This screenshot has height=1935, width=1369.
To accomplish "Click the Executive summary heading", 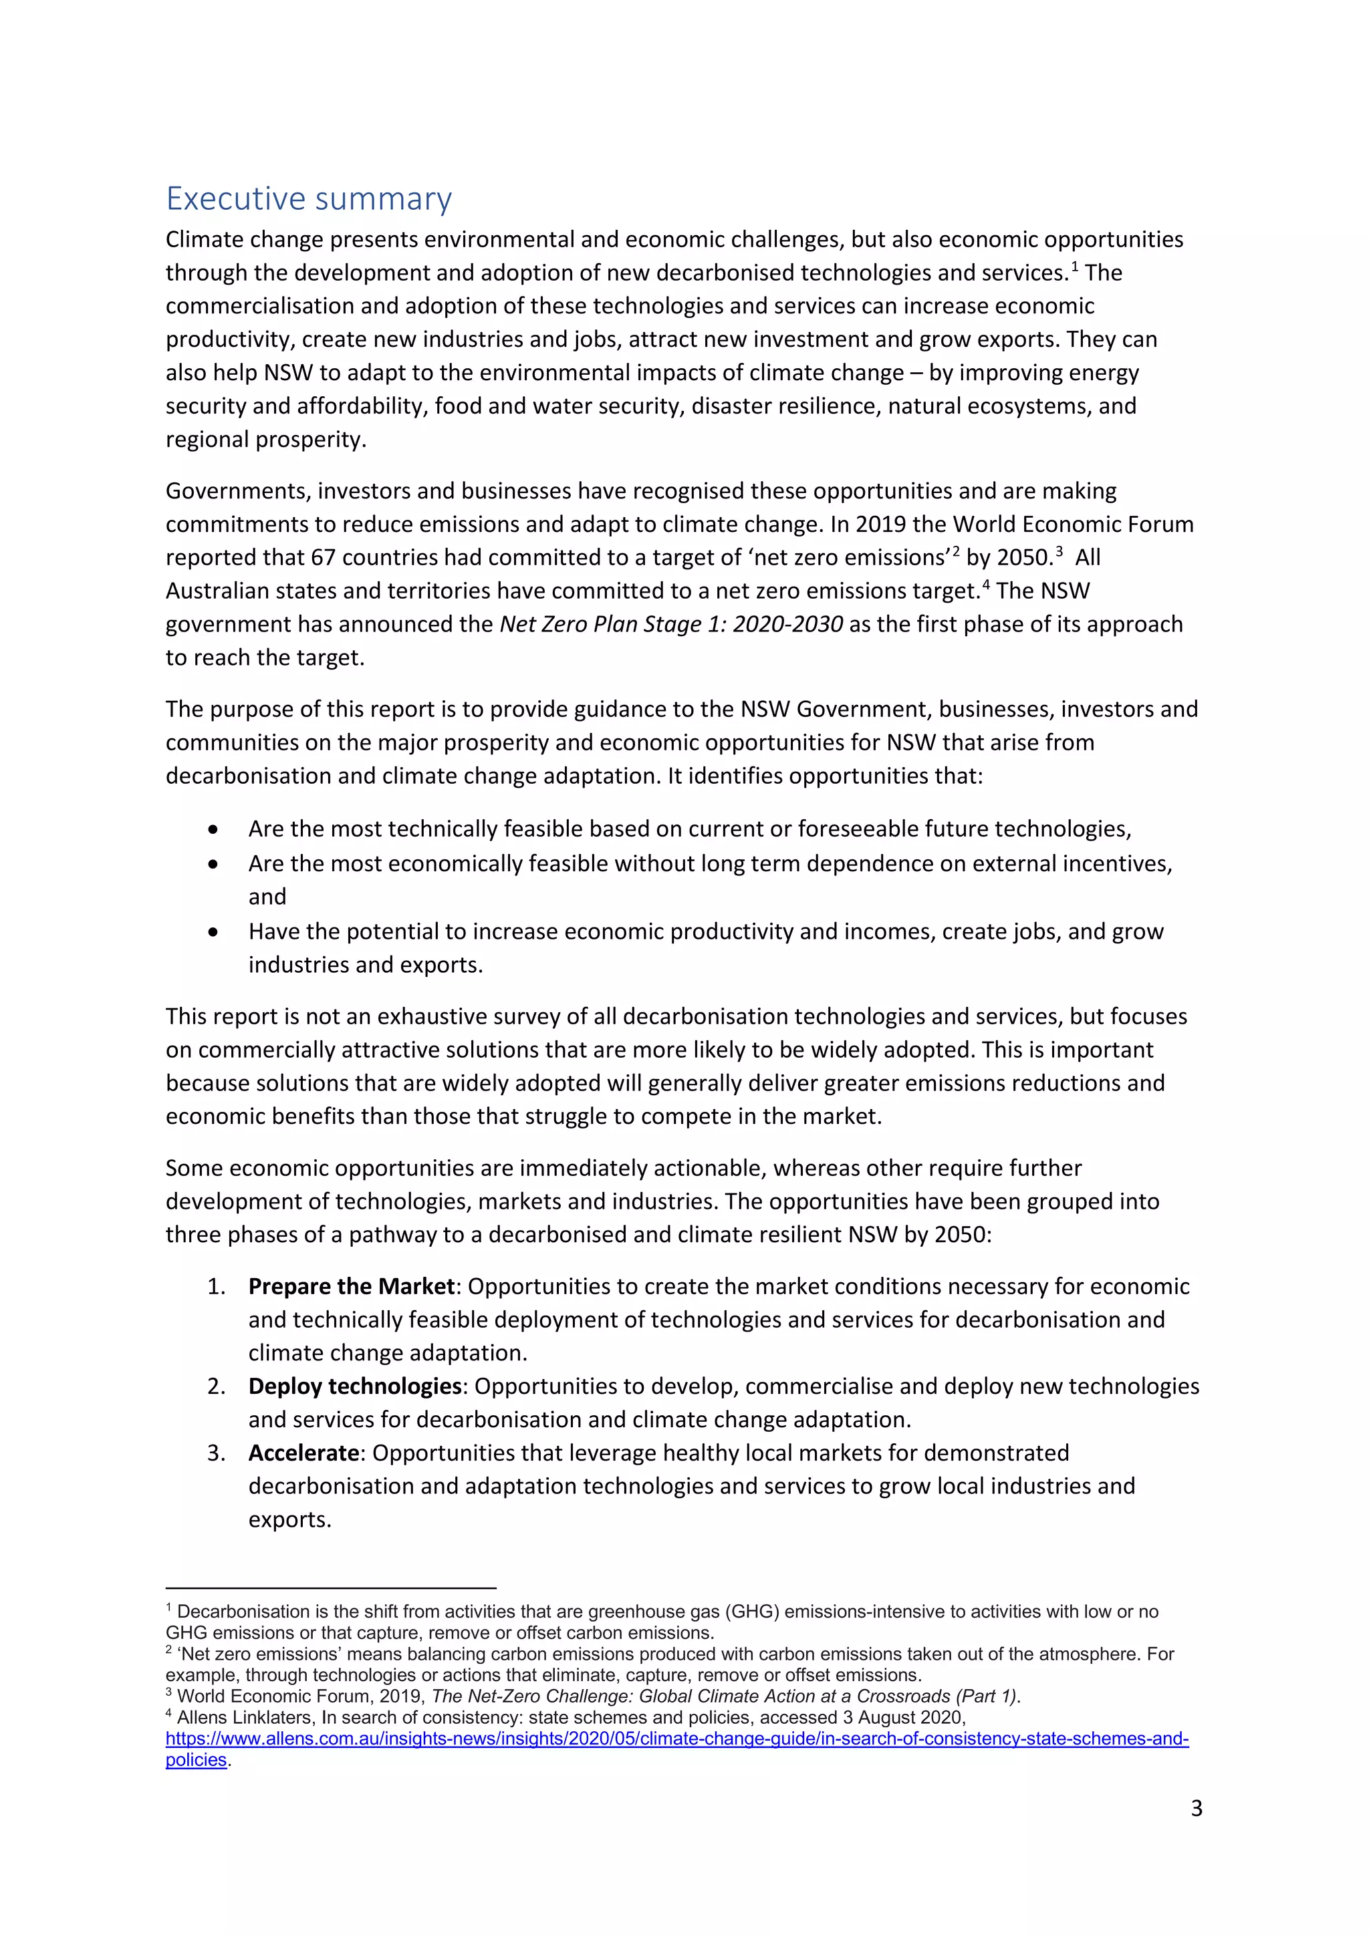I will click(309, 199).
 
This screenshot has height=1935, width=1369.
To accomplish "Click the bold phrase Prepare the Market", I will click(351, 1286).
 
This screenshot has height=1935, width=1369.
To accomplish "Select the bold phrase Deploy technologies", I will click(354, 1386).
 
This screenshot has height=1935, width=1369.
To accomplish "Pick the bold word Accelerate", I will click(303, 1453).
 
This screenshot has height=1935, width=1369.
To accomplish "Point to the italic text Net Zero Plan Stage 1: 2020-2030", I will click(671, 625).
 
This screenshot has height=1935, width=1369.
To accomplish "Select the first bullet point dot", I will click(213, 830).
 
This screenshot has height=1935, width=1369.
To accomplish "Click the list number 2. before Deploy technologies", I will click(216, 1386).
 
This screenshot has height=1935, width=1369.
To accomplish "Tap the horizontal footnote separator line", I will click(330, 1587).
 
